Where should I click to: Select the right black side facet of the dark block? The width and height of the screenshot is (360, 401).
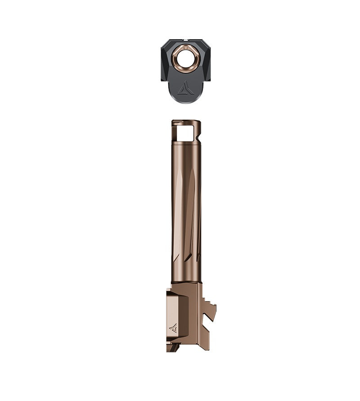click(x=205, y=63)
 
